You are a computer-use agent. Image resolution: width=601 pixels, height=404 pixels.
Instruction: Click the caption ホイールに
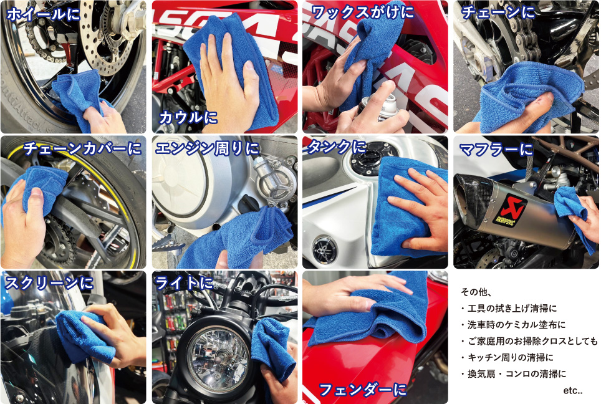[x=43, y=14]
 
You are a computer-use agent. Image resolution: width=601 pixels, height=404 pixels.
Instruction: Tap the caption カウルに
[x=188, y=117]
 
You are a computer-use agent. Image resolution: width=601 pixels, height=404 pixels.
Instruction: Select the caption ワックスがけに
[x=362, y=12]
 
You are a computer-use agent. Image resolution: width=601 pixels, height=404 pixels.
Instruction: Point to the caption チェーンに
[x=498, y=12]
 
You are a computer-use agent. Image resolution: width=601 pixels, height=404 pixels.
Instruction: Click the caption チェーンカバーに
[x=82, y=148]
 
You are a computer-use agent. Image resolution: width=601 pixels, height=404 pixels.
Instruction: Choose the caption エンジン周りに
[x=208, y=148]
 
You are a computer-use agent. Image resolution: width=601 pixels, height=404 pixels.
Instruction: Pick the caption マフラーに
[x=496, y=149]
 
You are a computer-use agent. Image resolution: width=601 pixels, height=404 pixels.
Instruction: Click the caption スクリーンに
[x=49, y=283]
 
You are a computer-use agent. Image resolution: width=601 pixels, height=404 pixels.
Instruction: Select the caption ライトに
[x=184, y=283]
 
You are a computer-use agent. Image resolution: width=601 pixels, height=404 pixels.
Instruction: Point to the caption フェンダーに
[x=362, y=390]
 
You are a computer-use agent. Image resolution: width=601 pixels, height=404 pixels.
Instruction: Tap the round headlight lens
[x=218, y=360]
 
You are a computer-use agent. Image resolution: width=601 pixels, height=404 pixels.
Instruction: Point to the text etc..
[x=573, y=390]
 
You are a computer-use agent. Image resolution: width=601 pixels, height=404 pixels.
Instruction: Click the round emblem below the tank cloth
[x=325, y=249]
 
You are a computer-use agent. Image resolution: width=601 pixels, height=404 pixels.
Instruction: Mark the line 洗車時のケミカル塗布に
[x=513, y=325]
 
